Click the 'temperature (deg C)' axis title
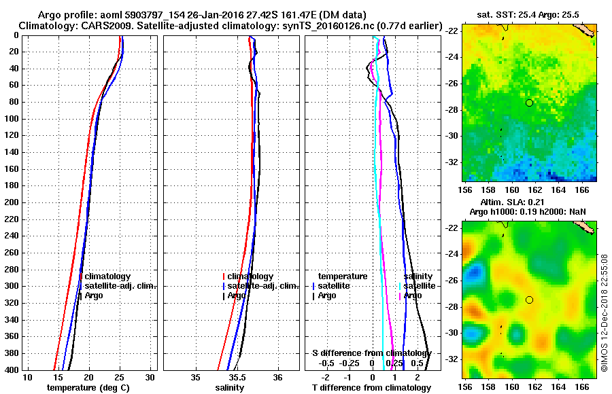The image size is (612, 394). click(88, 388)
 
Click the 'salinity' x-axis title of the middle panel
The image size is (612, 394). click(231, 388)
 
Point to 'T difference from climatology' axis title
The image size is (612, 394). click(372, 388)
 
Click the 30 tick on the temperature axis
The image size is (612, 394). click(151, 377)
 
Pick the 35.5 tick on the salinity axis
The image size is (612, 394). click(237, 377)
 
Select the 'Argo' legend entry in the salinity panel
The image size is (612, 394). click(237, 295)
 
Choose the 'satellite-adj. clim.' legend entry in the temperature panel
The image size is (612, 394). click(120, 286)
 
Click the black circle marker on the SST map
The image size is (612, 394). click(529, 103)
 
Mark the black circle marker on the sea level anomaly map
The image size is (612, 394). click(529, 300)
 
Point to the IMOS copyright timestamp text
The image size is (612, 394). click(604, 312)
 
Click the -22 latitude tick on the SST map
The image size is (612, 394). click(452, 31)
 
